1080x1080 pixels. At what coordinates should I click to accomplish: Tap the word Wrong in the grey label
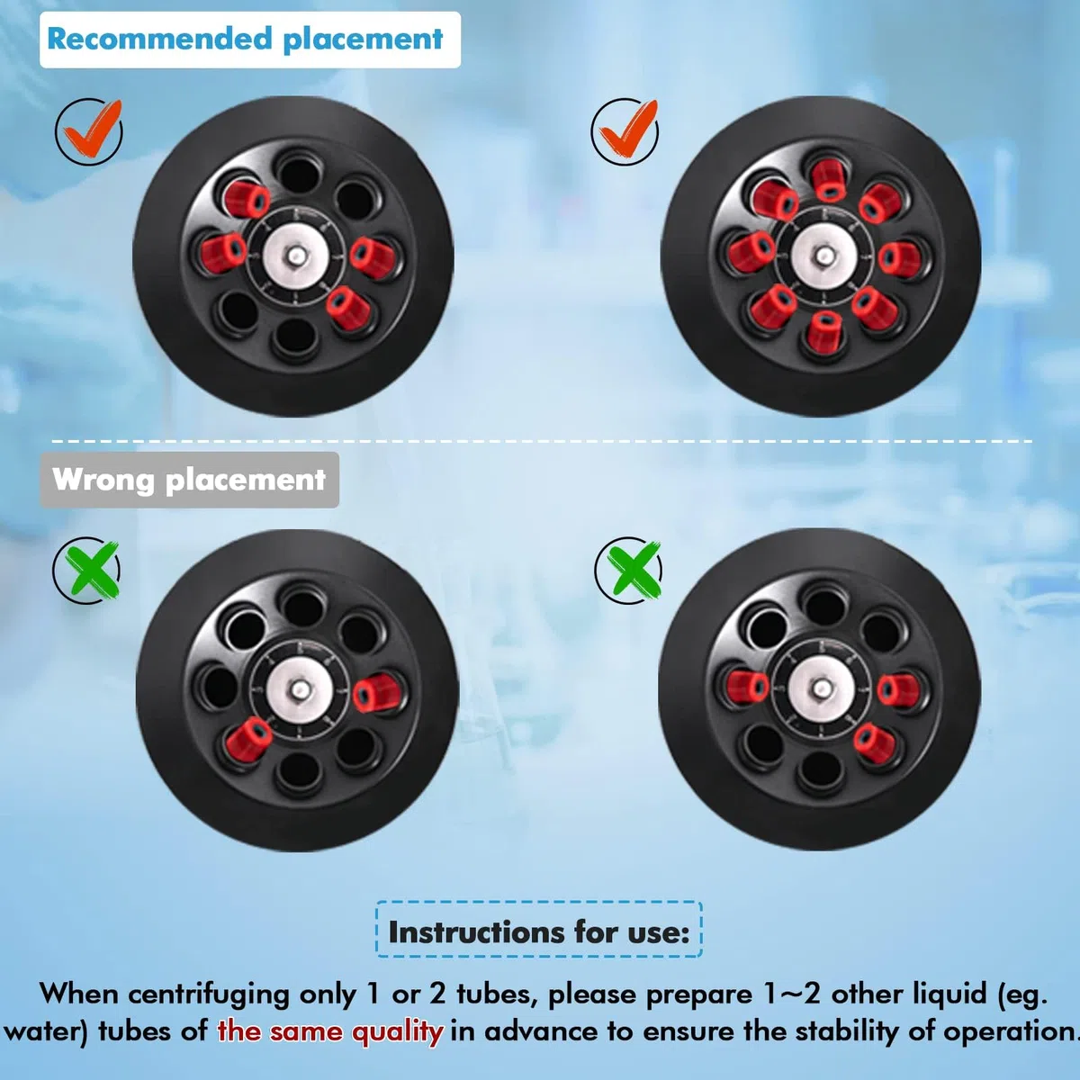point(103,480)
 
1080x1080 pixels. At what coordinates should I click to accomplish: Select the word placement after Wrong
point(246,481)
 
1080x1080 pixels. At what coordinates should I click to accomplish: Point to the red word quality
point(398,1032)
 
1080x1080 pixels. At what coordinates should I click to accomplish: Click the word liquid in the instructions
point(950,994)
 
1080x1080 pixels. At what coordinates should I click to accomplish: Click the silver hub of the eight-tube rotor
point(823,256)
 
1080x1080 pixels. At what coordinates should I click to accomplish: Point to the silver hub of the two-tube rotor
point(300,690)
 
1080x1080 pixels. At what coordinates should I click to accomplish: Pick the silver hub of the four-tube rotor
point(296,256)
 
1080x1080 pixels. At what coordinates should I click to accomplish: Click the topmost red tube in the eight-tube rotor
point(829,179)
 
